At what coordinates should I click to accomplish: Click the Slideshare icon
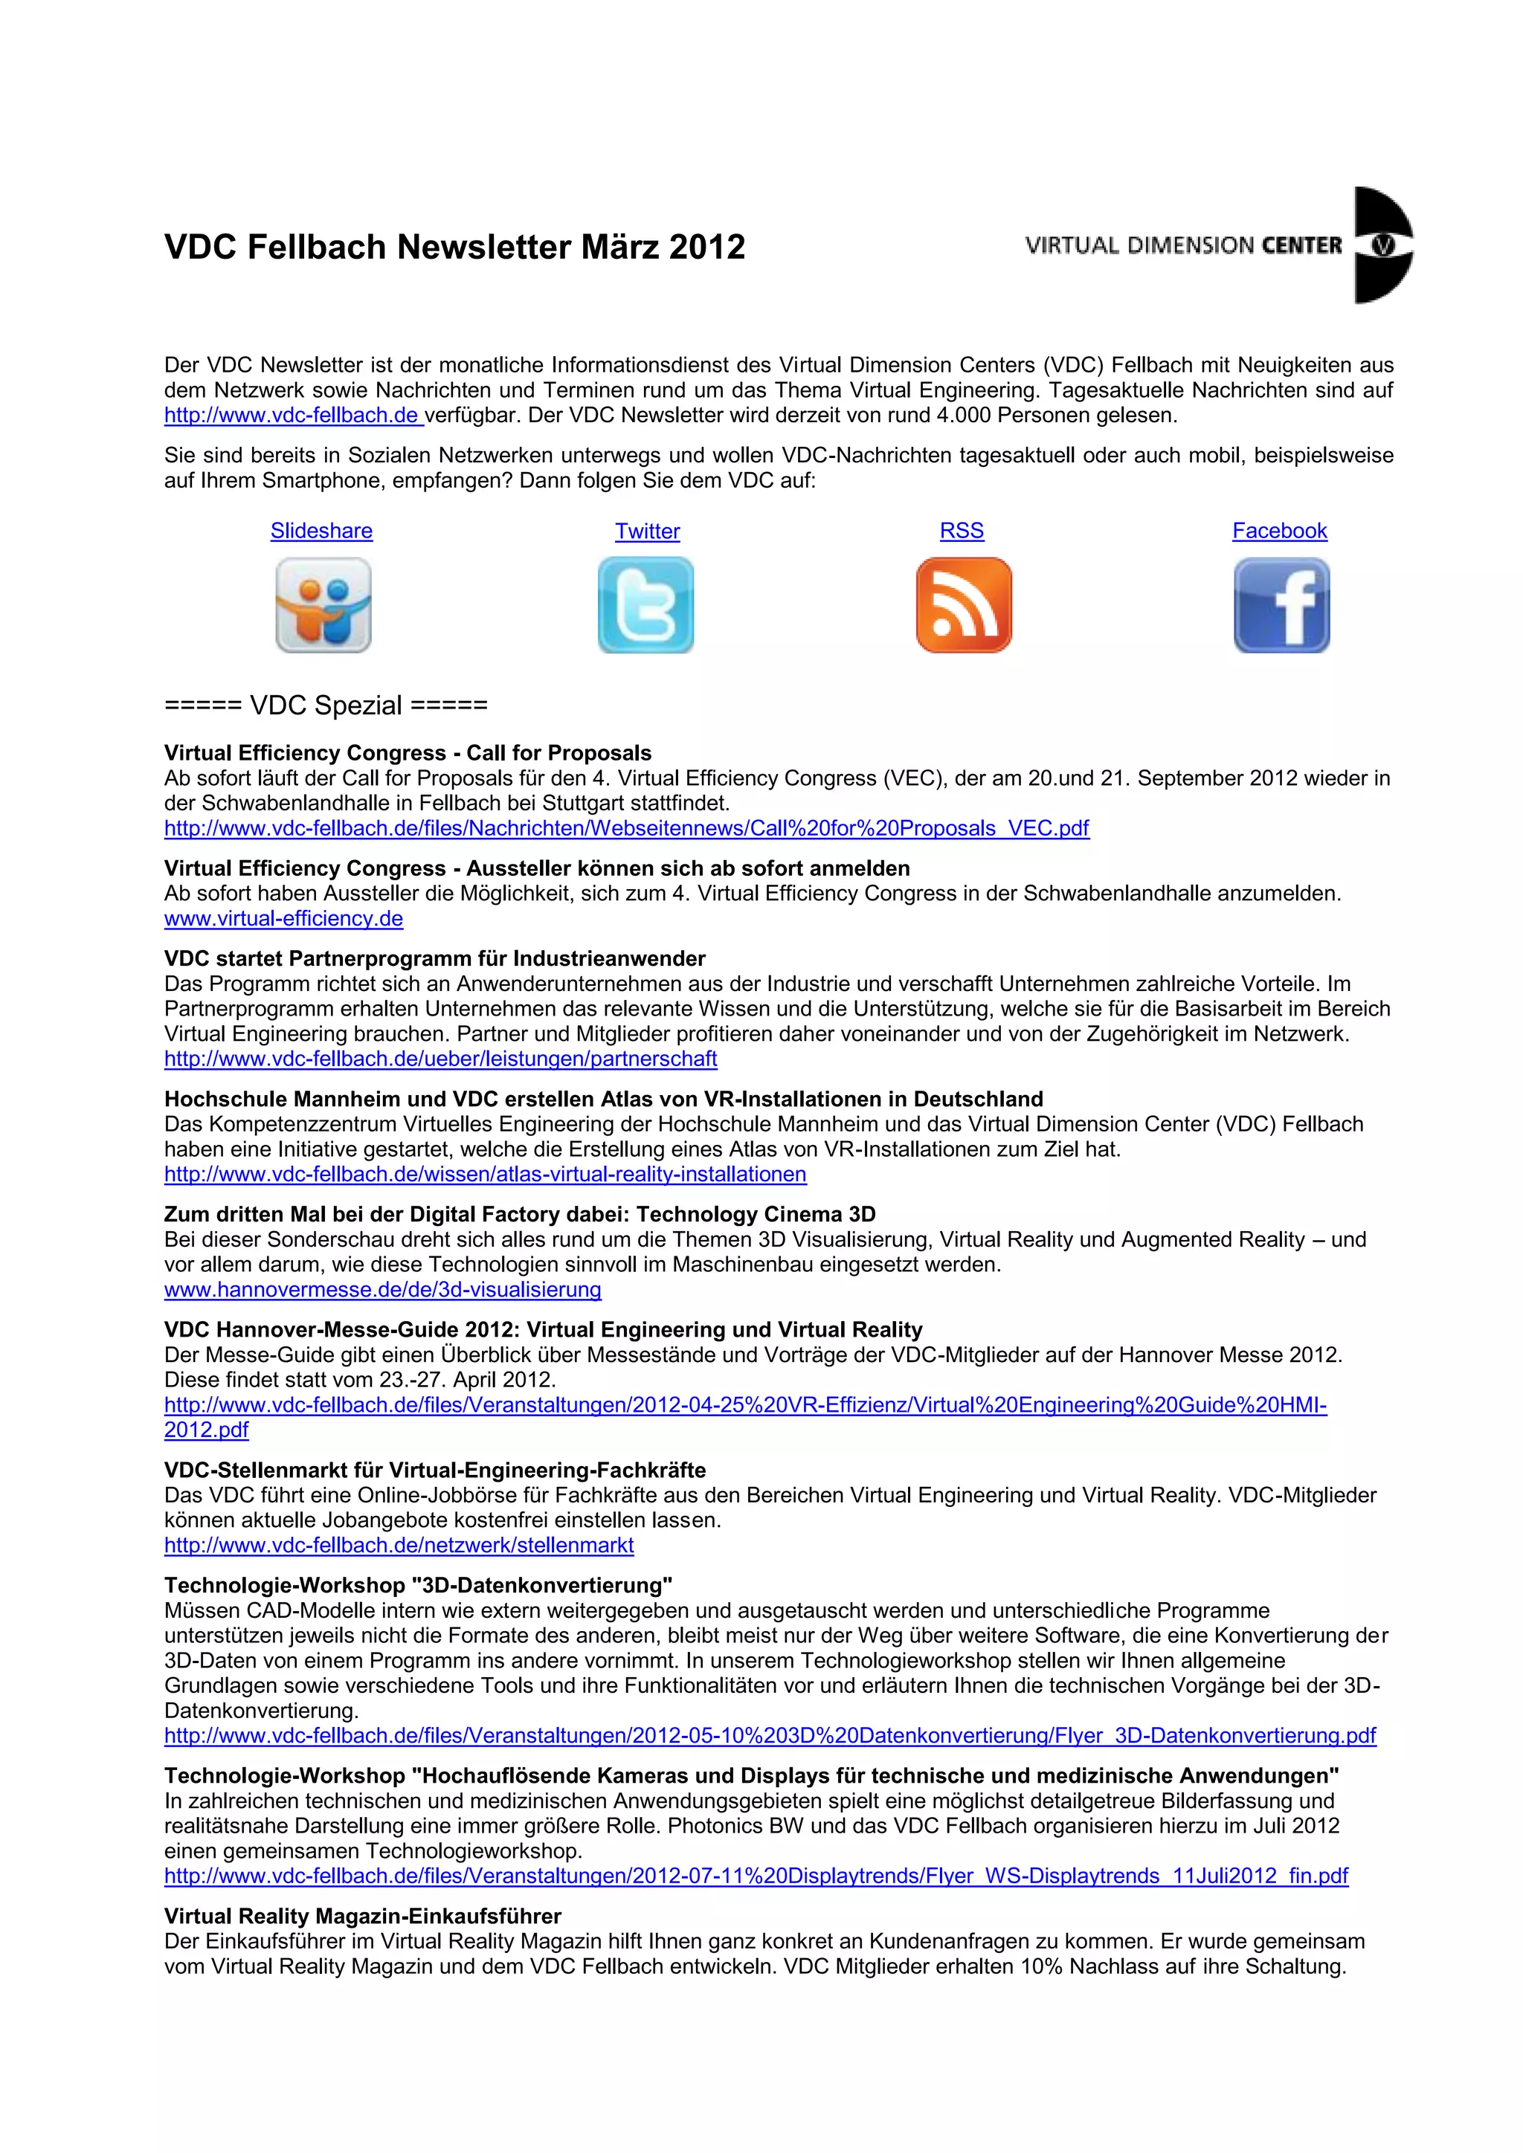point(323,605)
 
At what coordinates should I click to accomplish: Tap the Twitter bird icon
point(645,605)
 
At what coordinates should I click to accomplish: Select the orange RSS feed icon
point(963,605)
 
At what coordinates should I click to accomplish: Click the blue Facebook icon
point(1281,605)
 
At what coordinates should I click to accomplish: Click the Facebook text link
point(1279,531)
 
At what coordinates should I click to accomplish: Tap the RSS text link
point(962,531)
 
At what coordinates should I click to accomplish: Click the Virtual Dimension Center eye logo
point(1382,245)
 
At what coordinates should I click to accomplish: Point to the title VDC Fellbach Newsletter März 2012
point(455,247)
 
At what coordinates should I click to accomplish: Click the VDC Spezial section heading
point(326,706)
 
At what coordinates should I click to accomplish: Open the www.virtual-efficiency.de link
point(283,919)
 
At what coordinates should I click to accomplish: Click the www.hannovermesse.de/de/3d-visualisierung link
point(383,1289)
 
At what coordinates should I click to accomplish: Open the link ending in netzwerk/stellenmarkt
point(399,1546)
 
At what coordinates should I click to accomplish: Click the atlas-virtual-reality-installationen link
point(485,1174)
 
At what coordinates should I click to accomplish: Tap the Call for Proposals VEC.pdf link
point(626,828)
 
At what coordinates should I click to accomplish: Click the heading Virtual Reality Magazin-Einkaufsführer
point(362,1916)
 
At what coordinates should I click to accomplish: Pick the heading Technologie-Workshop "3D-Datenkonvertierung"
point(418,1586)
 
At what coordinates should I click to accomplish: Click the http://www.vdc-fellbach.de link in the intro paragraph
point(292,416)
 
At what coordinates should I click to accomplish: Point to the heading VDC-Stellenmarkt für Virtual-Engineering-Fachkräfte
point(435,1471)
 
